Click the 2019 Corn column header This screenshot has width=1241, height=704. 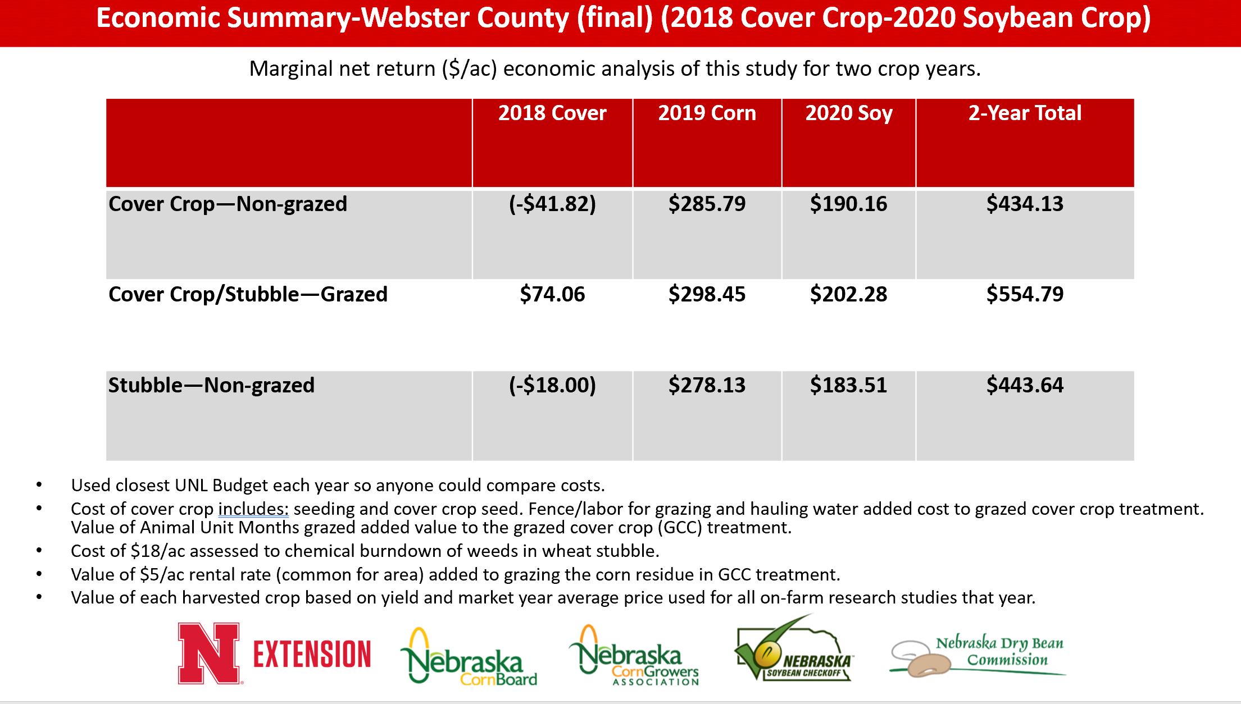click(707, 113)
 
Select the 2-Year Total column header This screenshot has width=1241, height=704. click(1025, 113)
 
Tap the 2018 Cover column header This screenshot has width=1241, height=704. click(552, 113)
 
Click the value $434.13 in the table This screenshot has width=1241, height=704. click(1025, 204)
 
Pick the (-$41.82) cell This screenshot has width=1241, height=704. click(552, 204)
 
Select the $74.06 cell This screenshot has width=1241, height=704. click(552, 294)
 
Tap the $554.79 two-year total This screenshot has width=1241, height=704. click(1025, 294)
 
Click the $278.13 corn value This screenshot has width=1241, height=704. click(707, 385)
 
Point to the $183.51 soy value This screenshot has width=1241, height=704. click(848, 385)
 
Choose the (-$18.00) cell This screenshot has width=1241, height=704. click(552, 385)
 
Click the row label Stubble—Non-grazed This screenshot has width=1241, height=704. click(211, 386)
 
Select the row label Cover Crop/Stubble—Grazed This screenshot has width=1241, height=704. click(248, 295)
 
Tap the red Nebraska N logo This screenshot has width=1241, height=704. click(210, 653)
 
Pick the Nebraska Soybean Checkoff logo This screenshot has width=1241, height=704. click(793, 648)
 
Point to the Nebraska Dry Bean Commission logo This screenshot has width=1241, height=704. click(978, 655)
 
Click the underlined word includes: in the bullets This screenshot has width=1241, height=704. click(253, 509)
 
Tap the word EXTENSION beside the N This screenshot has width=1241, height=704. click(312, 654)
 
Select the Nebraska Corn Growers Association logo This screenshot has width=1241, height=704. click(634, 656)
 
